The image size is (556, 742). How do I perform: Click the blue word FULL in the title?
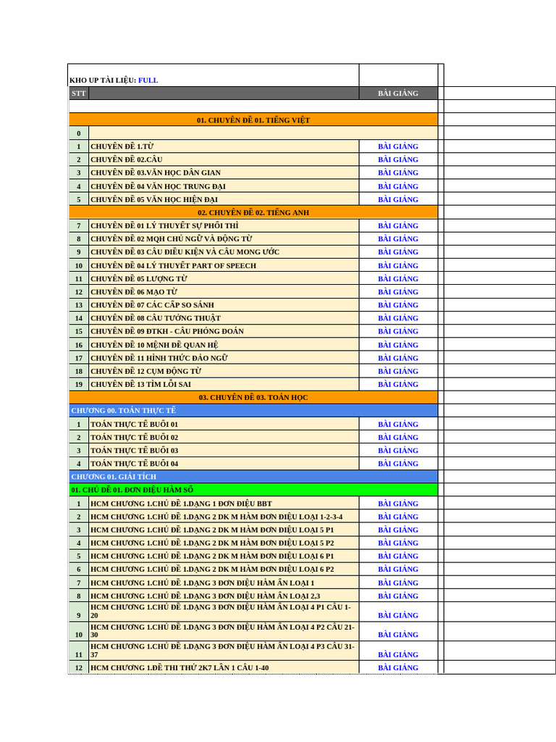148,80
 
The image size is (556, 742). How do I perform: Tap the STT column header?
78,93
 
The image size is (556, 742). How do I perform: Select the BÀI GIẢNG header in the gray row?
397,93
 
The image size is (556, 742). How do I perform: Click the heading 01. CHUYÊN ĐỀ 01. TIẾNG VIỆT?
253,120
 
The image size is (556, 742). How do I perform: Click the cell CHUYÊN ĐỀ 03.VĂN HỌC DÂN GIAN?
156,172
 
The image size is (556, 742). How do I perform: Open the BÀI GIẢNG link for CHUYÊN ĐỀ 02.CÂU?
397,159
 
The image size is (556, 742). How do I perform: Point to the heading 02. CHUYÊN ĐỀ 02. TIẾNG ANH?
253,212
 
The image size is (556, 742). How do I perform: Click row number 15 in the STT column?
78,331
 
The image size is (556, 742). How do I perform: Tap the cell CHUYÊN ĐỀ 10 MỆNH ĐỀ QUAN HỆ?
154,345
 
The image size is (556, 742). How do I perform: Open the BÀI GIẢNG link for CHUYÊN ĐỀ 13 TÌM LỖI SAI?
397,384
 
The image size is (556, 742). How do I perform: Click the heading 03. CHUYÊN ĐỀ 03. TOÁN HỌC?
253,397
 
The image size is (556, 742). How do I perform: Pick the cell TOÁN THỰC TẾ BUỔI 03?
135,450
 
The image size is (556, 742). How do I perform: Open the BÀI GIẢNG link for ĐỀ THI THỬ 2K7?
397,667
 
